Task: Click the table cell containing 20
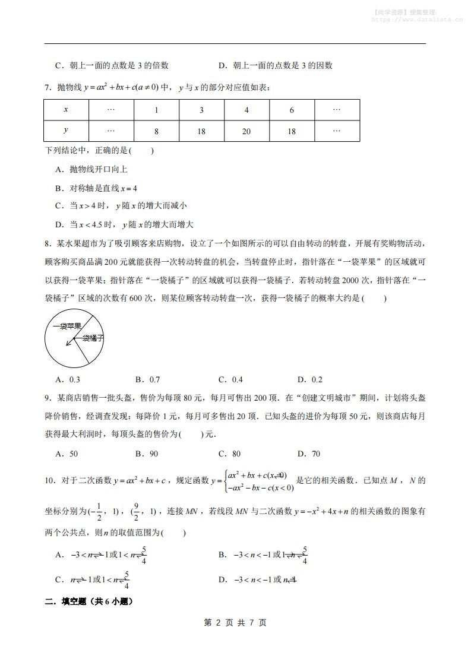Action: click(x=246, y=131)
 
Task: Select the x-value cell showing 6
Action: click(x=292, y=110)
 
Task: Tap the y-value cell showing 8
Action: click(x=156, y=131)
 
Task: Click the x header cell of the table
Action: click(x=66, y=110)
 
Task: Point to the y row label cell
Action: click(x=66, y=131)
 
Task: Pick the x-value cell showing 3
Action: click(x=201, y=110)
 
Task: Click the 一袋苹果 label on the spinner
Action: click(x=67, y=326)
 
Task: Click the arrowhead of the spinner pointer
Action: click(x=68, y=342)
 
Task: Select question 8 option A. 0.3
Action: click(x=67, y=380)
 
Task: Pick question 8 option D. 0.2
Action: click(x=309, y=380)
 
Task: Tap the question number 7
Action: click(x=48, y=88)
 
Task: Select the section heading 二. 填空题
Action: click(x=88, y=601)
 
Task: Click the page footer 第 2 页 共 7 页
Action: click(x=235, y=623)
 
